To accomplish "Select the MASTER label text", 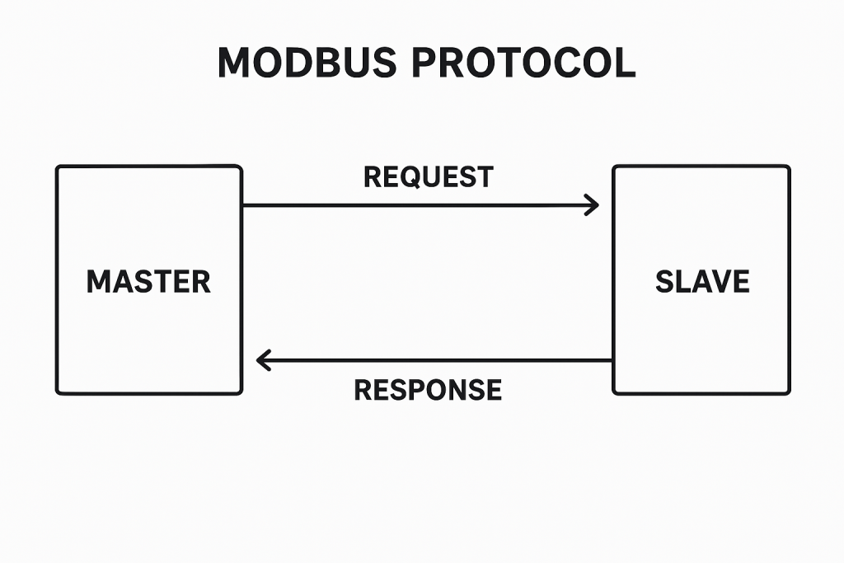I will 148,282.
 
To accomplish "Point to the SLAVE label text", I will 702,282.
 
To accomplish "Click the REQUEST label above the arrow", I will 429,176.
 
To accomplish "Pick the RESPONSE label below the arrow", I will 428,389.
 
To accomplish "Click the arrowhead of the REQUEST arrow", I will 595,205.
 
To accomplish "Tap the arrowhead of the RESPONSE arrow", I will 260,360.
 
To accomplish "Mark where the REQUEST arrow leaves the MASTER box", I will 242,205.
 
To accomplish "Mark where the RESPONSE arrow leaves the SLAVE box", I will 613,360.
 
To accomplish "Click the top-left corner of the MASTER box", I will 58,167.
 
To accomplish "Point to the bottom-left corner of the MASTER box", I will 58,392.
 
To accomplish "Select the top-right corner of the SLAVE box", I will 788,167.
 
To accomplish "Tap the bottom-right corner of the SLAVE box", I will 788,392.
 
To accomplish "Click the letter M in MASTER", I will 98,282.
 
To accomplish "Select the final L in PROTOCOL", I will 626,63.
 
